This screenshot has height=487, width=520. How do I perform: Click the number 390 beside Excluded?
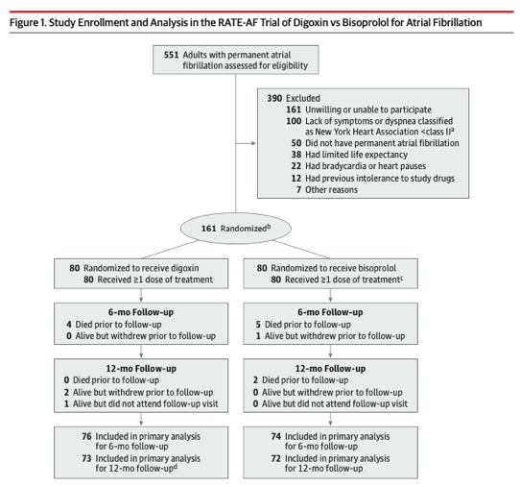tap(273, 98)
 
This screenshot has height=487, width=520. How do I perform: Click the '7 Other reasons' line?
tap(328, 190)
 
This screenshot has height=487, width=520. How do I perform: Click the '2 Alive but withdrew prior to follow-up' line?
tap(145, 392)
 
